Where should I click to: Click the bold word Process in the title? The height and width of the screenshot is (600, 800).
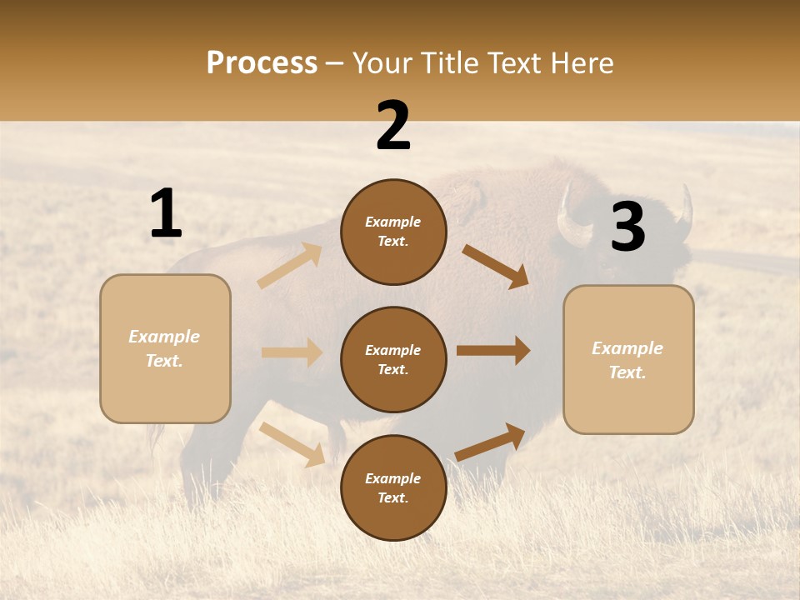(x=262, y=63)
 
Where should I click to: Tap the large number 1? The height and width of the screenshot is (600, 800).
(x=166, y=214)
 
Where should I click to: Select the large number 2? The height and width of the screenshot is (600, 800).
(x=393, y=126)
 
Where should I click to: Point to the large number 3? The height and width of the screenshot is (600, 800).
(x=627, y=227)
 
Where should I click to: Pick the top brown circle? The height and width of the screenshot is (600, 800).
(x=393, y=232)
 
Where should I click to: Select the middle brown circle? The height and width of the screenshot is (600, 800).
(x=393, y=359)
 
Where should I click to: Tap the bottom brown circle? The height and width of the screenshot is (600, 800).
(x=393, y=487)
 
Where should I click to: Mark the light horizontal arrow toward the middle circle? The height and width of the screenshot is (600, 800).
(x=292, y=352)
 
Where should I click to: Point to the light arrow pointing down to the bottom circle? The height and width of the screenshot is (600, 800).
(x=292, y=444)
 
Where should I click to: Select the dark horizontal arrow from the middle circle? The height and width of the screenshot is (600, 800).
(x=493, y=350)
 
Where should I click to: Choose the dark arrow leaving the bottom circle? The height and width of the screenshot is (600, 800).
(x=491, y=442)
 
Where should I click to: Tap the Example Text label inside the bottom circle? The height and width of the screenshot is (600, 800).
(x=393, y=487)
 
